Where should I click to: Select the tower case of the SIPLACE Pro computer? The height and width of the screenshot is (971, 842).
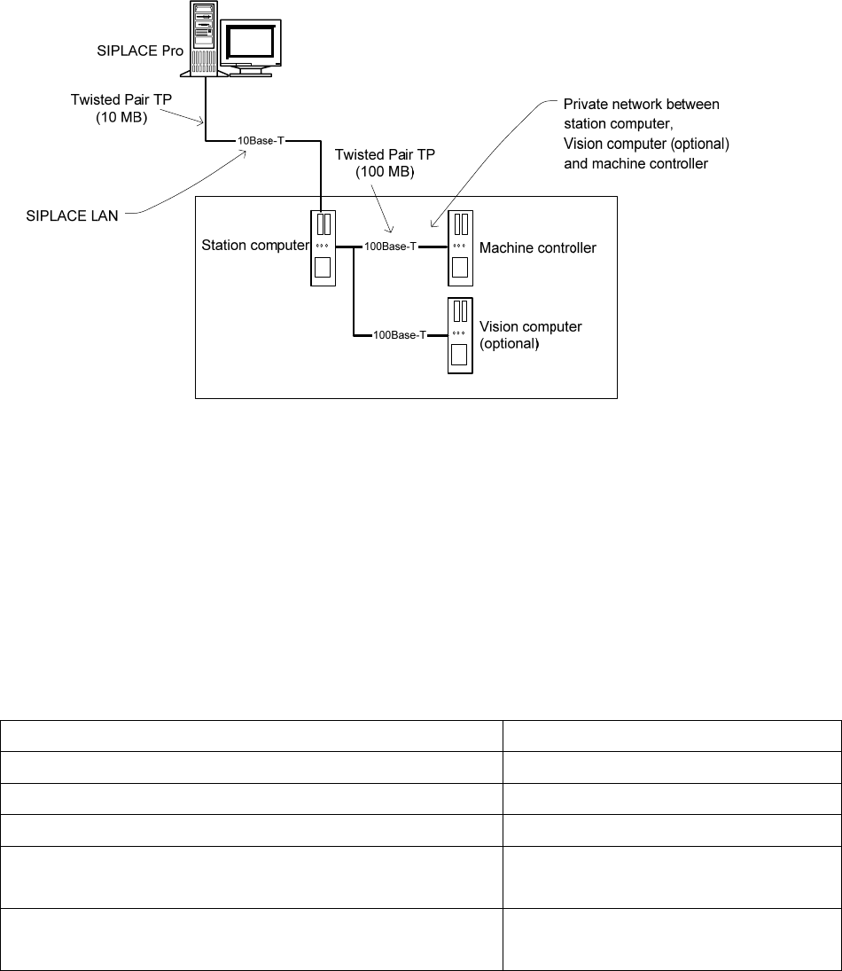(x=201, y=35)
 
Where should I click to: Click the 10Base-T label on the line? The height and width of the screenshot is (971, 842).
(x=259, y=141)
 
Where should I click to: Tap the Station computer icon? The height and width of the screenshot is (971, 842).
(x=324, y=247)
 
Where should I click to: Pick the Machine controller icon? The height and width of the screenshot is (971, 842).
(x=460, y=247)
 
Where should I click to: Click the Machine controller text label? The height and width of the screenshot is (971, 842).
(x=538, y=248)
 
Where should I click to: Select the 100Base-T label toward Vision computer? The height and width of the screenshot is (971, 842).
(x=399, y=335)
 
